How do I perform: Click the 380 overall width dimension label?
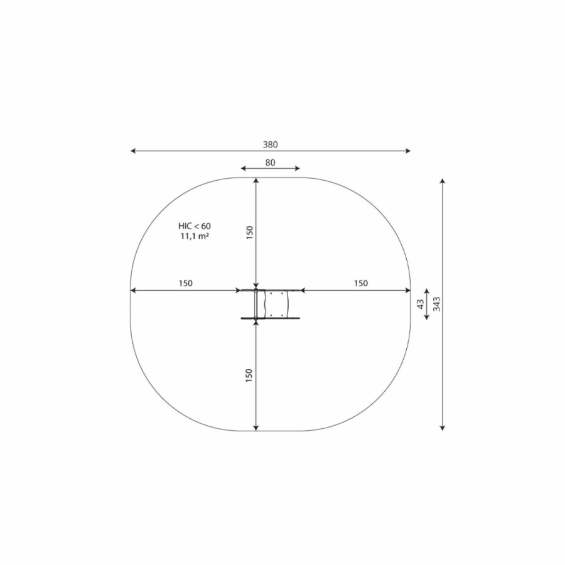coord(270,144)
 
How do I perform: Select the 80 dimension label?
coord(270,163)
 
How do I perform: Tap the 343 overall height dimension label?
coord(436,304)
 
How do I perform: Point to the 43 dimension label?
coord(421,304)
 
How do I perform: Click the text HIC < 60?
coord(195,226)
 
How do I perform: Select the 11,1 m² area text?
coord(195,237)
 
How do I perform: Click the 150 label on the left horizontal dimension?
coord(186,283)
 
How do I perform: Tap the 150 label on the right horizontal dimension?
coord(361,283)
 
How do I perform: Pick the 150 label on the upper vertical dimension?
coord(249,232)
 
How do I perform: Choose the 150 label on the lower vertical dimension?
coord(249,375)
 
